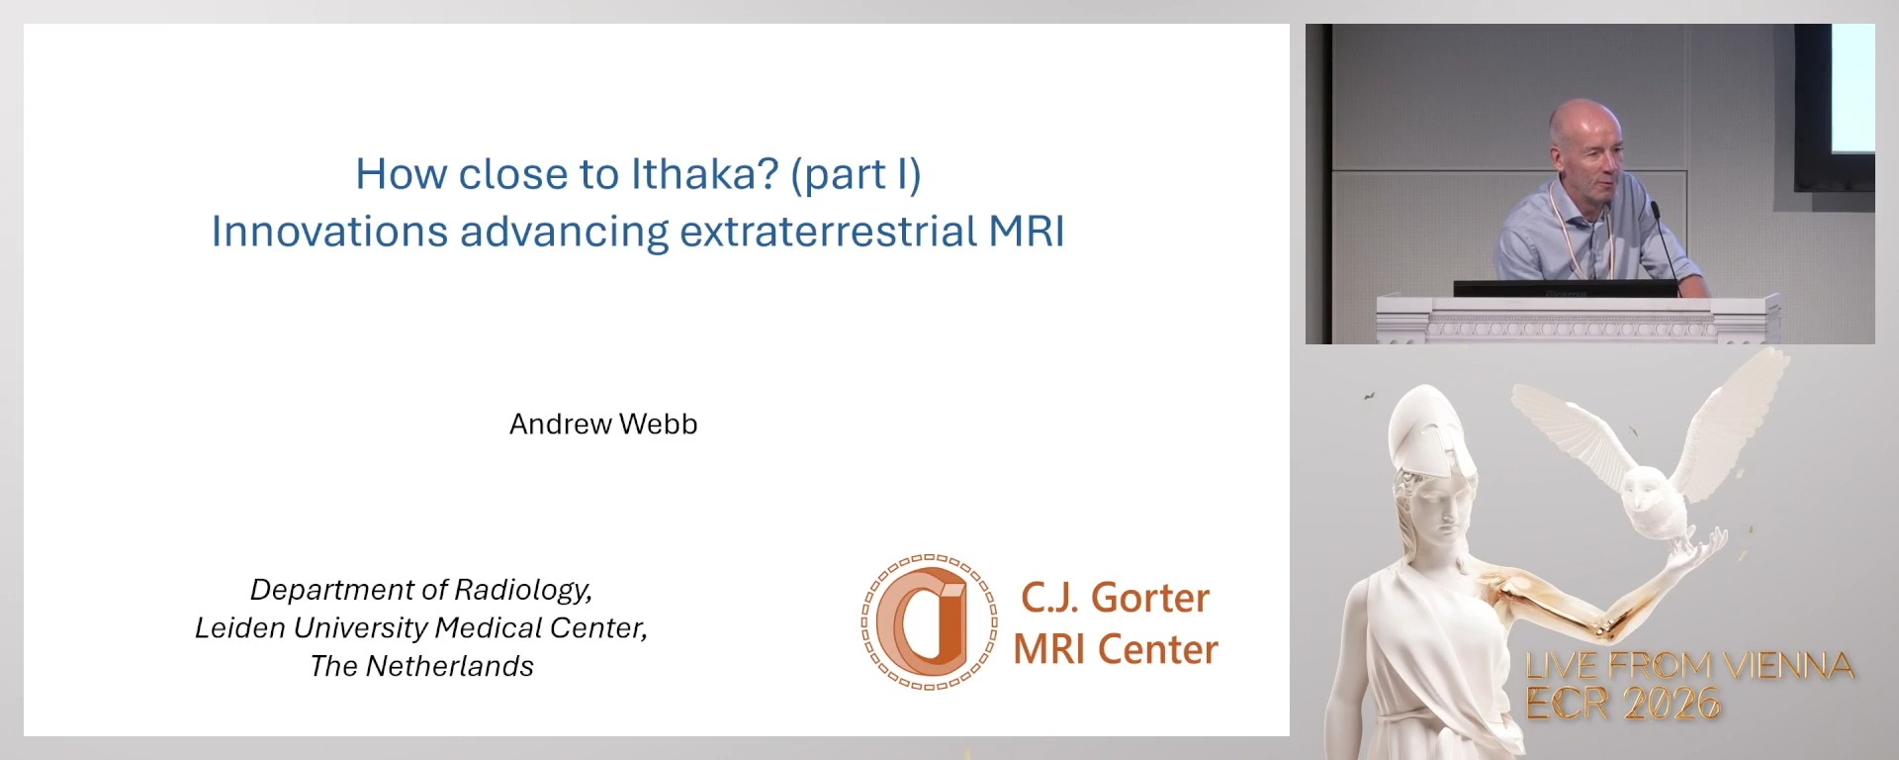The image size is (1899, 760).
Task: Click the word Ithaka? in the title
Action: click(x=705, y=174)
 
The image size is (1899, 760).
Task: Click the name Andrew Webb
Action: click(x=603, y=424)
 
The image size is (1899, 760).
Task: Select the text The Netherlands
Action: click(x=421, y=666)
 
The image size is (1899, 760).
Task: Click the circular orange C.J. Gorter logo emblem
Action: click(x=929, y=621)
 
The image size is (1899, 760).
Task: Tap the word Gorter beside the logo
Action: click(x=1149, y=598)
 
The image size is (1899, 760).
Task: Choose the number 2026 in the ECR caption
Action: click(x=1672, y=704)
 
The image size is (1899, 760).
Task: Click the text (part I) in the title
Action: click(x=856, y=174)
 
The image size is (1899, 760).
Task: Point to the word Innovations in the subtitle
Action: click(x=329, y=232)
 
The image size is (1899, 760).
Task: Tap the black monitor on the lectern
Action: click(x=1565, y=288)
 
